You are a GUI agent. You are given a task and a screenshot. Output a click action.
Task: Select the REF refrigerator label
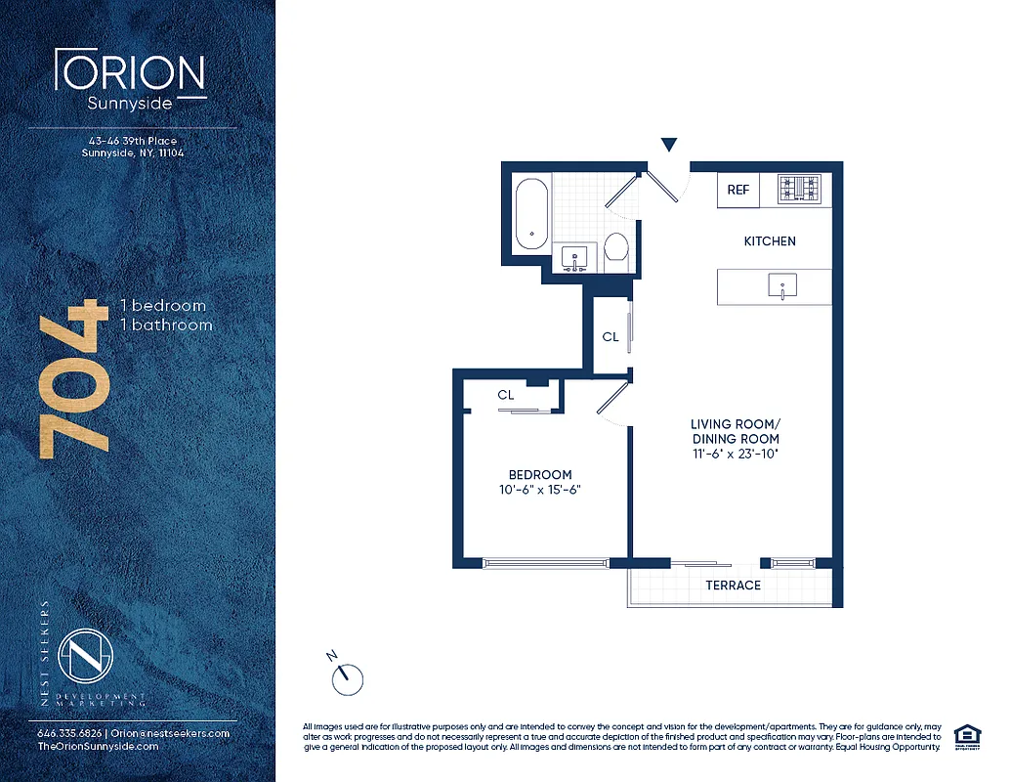[x=738, y=190]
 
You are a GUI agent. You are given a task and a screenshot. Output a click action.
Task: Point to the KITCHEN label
[x=770, y=240]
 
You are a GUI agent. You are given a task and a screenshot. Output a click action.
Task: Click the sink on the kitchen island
[x=782, y=287]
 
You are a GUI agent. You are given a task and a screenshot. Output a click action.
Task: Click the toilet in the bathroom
[x=615, y=251]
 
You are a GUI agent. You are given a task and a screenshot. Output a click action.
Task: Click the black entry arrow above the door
[x=668, y=146]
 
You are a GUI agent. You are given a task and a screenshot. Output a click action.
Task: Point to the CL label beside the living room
[x=611, y=336]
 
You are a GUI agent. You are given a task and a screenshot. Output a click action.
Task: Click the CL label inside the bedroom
[x=506, y=395]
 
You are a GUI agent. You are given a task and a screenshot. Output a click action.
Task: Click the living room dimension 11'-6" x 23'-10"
[x=735, y=454]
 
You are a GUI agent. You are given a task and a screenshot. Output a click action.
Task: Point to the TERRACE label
[x=733, y=585]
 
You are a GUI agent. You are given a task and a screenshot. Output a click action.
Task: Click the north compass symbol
[x=348, y=675]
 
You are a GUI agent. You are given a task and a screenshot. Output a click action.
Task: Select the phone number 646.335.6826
[x=65, y=733]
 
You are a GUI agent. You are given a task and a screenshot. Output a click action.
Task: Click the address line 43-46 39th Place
[x=132, y=141]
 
